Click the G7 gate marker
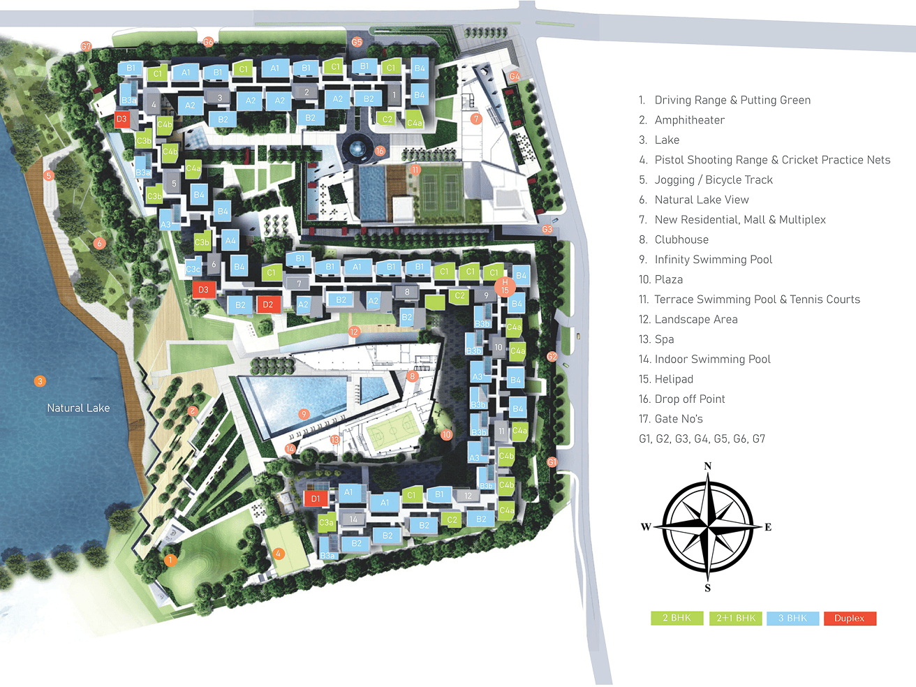tap(86, 47)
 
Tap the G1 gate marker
tap(552, 462)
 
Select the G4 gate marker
tap(515, 76)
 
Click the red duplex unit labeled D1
tap(316, 498)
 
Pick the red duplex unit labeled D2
tap(268, 304)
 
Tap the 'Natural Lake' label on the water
tap(78, 408)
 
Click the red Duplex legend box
tap(850, 619)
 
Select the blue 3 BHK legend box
tap(792, 619)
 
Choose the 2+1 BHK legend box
tap(736, 619)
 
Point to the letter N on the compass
tap(708, 466)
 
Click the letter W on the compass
tap(646, 527)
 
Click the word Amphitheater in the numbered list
tap(689, 120)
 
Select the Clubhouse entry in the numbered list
tap(681, 239)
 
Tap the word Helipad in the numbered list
tap(674, 379)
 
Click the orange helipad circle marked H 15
tap(505, 286)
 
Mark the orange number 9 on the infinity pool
tap(304, 414)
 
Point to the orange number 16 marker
tap(380, 151)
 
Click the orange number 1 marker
tap(170, 560)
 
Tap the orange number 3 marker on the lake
tap(40, 381)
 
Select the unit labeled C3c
tap(193, 269)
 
